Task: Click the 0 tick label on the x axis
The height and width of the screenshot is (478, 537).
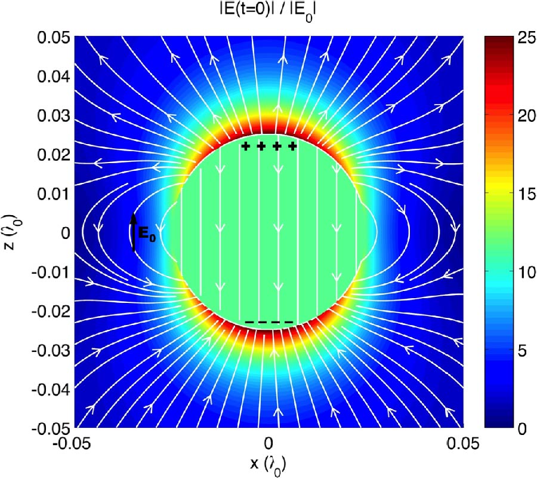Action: tap(270, 443)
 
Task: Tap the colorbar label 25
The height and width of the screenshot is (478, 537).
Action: tap(512, 38)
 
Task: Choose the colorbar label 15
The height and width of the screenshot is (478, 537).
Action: tap(512, 194)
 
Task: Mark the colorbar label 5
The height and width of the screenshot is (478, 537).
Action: tap(509, 351)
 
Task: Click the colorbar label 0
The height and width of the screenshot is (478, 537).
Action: tap(508, 428)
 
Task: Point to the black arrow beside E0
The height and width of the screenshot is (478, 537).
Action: tap(134, 232)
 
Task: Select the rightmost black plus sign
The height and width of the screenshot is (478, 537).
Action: tap(292, 146)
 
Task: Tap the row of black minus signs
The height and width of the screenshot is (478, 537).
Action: tap(269, 323)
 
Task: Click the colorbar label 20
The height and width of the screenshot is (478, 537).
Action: tap(512, 116)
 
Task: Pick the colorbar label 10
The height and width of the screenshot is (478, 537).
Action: tap(512, 272)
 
